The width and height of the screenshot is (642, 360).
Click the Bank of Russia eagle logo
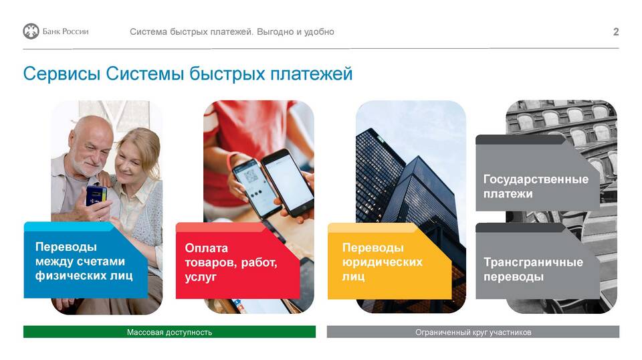(x=31, y=31)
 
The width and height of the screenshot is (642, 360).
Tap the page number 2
(x=616, y=32)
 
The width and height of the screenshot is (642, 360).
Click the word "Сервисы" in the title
(x=62, y=74)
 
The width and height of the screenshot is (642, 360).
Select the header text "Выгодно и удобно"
(x=296, y=32)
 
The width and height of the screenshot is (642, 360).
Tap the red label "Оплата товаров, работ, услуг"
(x=237, y=261)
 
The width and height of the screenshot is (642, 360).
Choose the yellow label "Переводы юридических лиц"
(x=389, y=261)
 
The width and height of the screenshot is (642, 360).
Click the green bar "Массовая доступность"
(x=169, y=332)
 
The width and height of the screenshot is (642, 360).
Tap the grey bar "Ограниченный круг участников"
(x=473, y=332)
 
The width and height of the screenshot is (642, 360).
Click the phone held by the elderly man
(x=96, y=196)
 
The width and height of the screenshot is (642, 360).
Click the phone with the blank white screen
(x=288, y=183)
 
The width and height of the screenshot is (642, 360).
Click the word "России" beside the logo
(x=76, y=31)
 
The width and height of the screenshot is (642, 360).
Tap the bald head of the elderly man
(x=90, y=126)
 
